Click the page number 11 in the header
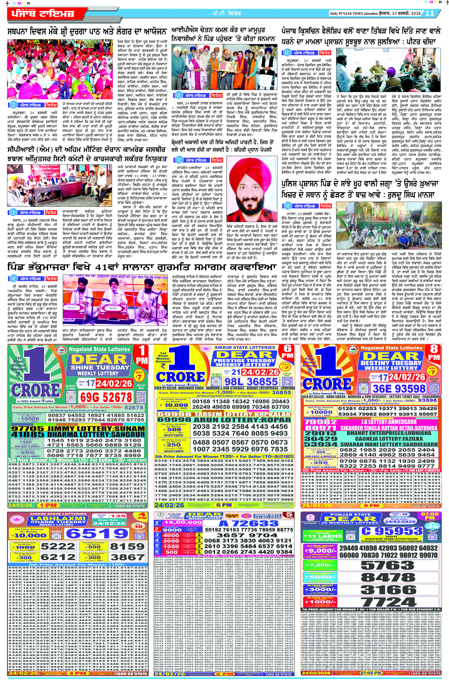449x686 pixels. pyautogui.click(x=430, y=13)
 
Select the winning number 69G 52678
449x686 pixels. pyautogui.click(x=106, y=397)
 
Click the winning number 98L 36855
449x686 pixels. pyautogui.click(x=251, y=382)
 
